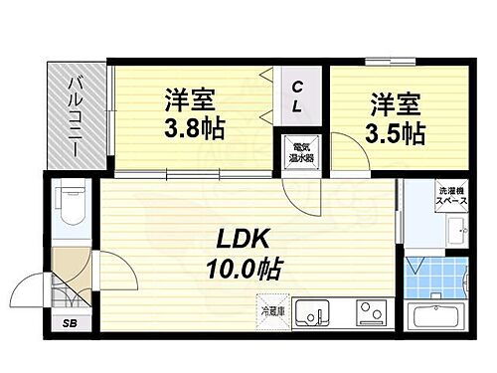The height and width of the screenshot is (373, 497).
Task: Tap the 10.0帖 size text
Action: tap(244, 268)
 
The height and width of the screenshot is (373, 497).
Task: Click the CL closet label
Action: tap(297, 96)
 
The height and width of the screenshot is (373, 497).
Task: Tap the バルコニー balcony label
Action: tap(74, 119)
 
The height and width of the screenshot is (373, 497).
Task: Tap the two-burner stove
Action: tap(369, 316)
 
